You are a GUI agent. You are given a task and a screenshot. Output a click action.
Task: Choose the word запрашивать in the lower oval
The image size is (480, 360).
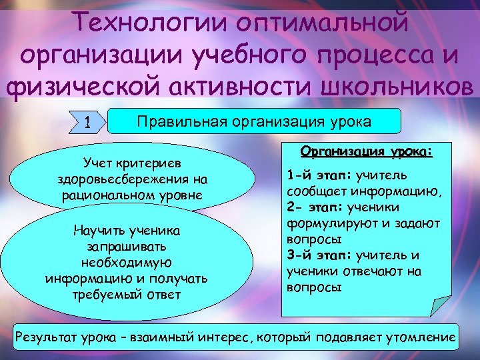click(126, 246)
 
